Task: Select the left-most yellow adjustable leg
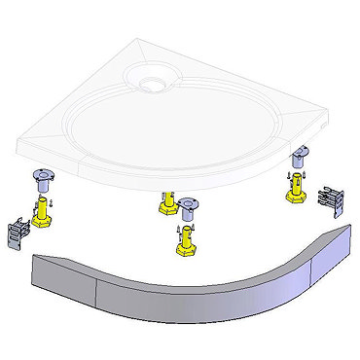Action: [44, 211]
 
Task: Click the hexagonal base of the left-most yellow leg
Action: [44, 221]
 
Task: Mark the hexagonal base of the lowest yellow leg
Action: [182, 250]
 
